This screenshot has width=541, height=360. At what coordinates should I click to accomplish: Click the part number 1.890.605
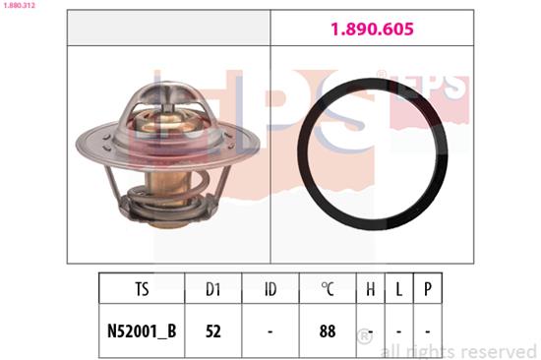point(372,29)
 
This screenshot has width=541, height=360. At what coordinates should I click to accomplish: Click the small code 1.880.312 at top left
point(19,5)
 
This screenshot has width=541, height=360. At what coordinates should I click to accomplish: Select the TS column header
point(142,289)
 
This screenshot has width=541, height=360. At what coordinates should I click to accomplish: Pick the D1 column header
point(212,289)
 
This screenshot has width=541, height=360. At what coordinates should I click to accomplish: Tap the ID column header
point(270,289)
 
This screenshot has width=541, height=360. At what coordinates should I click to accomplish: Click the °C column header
point(328,289)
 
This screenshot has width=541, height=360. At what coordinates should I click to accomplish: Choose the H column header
point(370,289)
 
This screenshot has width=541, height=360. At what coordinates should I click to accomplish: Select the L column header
point(398,289)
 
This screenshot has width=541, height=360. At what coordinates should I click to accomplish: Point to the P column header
point(428,289)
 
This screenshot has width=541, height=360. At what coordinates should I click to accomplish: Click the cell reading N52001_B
point(142,331)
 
